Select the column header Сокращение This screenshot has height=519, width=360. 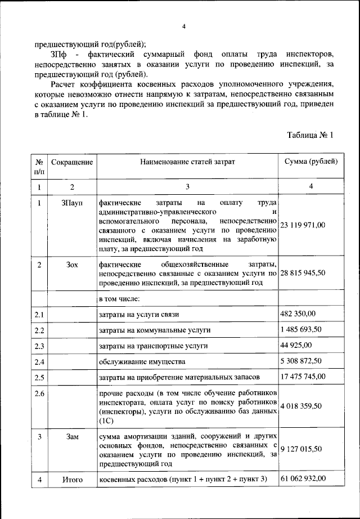[x=72, y=162]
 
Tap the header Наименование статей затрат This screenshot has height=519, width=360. [x=187, y=162]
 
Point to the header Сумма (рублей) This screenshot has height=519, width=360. [x=311, y=162]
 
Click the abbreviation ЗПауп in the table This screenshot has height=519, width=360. [x=72, y=203]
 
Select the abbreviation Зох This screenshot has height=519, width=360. [x=72, y=264]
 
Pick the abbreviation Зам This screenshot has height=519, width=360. [x=72, y=437]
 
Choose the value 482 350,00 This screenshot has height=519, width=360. [x=298, y=313]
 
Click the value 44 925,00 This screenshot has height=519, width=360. [x=296, y=344]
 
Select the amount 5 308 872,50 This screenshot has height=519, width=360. [x=303, y=360]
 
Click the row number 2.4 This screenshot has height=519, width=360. [x=39, y=361]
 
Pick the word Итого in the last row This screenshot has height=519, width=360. [x=72, y=480]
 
